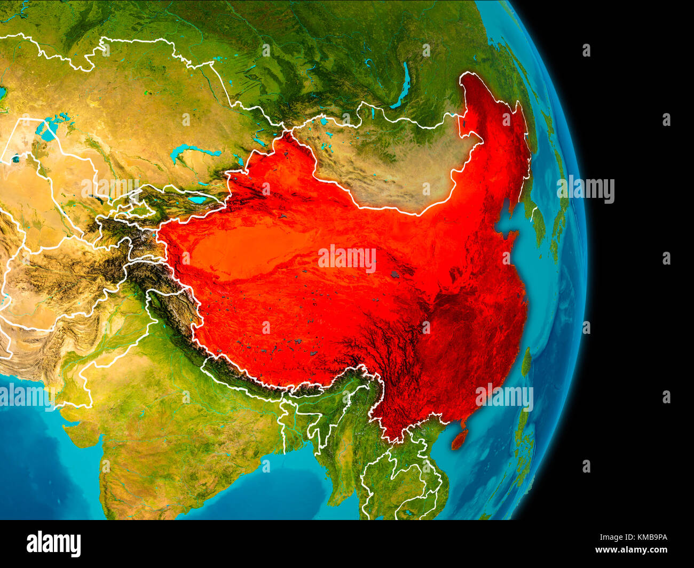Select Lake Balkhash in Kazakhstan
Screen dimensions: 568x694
pyautogui.click(x=192, y=151)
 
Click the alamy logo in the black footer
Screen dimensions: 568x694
pyautogui.click(x=54, y=544)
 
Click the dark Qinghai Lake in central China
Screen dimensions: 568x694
pyautogui.click(x=396, y=274)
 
